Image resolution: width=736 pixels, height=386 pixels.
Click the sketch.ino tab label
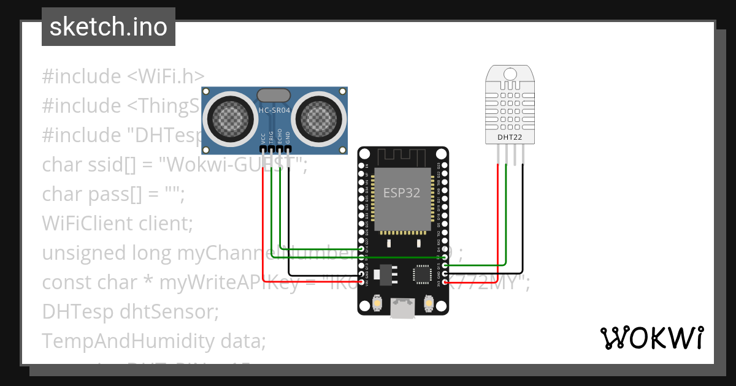click(108, 27)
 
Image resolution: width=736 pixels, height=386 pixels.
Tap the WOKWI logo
click(651, 338)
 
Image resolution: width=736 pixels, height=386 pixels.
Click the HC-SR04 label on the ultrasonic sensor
click(274, 110)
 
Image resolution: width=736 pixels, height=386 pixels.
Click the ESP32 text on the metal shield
click(402, 192)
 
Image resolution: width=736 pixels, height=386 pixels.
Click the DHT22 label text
click(510, 138)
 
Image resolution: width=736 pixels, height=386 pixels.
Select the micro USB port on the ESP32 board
click(402, 308)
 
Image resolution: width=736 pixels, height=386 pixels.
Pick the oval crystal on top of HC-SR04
click(274, 95)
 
